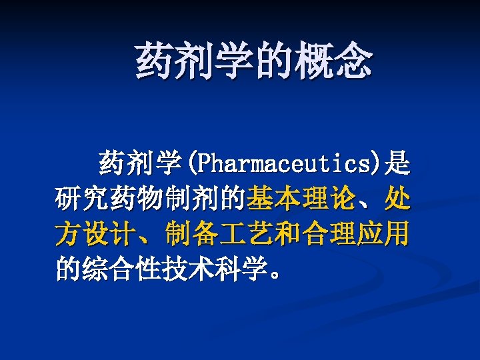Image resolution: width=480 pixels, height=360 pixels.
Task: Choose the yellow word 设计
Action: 113,235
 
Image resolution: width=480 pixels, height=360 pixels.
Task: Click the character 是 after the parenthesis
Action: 398,162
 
